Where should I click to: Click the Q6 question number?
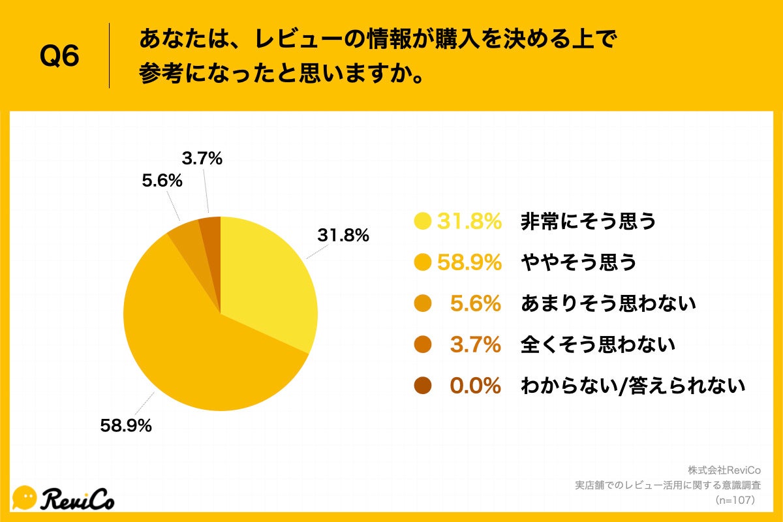[x=59, y=57]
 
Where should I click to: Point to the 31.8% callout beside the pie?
[x=343, y=235]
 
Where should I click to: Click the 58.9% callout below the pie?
[x=126, y=426]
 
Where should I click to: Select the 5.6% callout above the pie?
[x=162, y=181]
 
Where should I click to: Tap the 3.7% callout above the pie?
[x=202, y=158]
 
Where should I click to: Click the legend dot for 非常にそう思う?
[x=423, y=222]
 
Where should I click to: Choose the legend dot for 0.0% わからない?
[x=423, y=386]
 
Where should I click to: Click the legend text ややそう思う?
[x=578, y=263]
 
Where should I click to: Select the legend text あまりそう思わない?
[x=608, y=303]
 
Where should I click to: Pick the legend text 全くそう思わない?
[x=598, y=345]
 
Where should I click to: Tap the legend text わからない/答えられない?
[x=632, y=386]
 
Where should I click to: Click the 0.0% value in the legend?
[x=475, y=386]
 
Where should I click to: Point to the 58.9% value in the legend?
[x=469, y=263]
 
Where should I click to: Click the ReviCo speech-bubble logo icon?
[x=25, y=497]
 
